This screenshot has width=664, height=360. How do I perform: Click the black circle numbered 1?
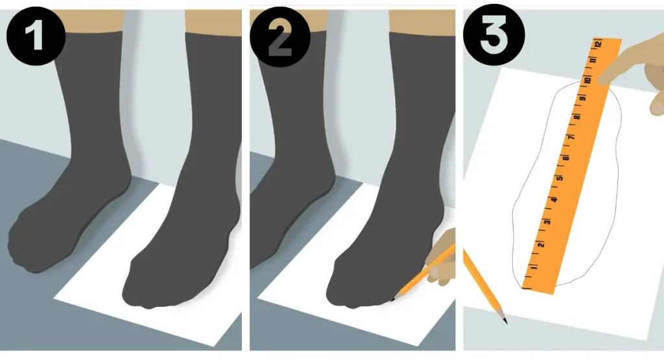36,36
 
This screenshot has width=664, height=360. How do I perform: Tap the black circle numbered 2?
280,36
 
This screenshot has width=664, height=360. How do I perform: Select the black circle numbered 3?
493,34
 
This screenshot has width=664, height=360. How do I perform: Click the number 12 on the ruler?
598,43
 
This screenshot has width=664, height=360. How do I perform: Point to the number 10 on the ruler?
587,80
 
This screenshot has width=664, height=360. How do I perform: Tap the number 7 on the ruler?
571,138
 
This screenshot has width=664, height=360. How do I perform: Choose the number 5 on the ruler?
560,178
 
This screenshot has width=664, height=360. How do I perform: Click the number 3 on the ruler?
547,221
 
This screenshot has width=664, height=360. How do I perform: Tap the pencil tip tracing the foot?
392,300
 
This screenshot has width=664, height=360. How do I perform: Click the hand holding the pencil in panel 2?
440,257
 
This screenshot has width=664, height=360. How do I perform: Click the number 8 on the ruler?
576,117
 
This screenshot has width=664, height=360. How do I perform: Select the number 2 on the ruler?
541,245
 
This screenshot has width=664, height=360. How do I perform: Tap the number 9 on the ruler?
583,98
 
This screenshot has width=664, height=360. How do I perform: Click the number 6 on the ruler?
565,158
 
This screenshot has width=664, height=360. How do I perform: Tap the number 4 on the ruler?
554,200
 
